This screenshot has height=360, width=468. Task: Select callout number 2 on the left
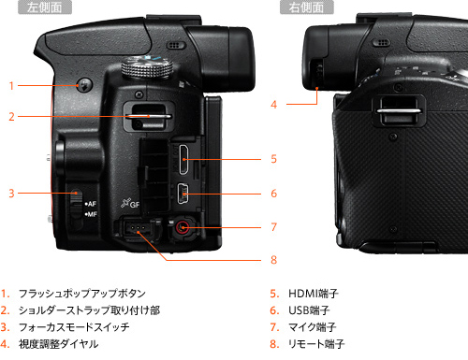pyautogui.click(x=11, y=117)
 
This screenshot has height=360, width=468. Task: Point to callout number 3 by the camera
pyautogui.click(x=11, y=194)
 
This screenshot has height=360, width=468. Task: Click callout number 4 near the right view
pyautogui.click(x=274, y=105)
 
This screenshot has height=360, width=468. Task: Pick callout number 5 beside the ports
pyautogui.click(x=273, y=160)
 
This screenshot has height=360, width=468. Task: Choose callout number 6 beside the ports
pyautogui.click(x=273, y=194)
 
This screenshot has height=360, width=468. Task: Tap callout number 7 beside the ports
pyautogui.click(x=273, y=227)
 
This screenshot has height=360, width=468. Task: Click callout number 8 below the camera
pyautogui.click(x=273, y=261)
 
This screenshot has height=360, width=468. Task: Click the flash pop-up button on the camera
pyautogui.click(x=81, y=85)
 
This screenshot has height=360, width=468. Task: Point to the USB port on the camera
pyautogui.click(x=183, y=194)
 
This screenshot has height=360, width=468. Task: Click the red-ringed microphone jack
pyautogui.click(x=181, y=227)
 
